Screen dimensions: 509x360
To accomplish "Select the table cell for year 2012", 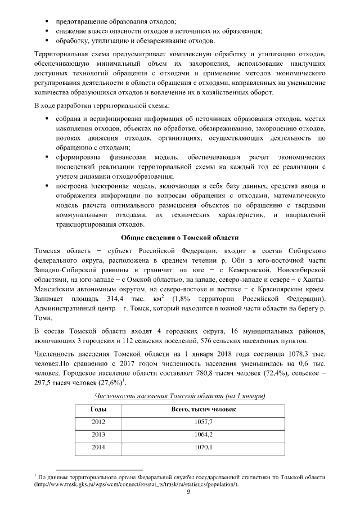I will (x=98, y=421).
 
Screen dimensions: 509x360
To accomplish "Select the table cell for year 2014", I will (x=98, y=448).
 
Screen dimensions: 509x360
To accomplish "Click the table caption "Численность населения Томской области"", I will (x=179, y=396).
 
